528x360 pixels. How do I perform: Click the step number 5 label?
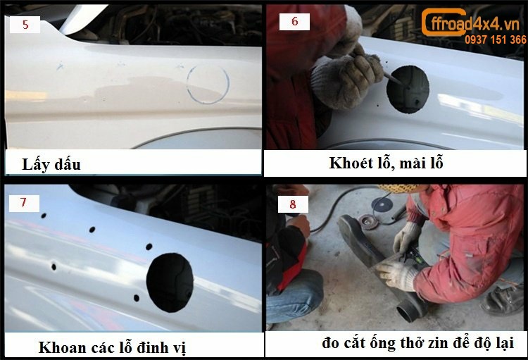pos(25,24)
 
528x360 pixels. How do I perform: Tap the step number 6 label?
pos(295,21)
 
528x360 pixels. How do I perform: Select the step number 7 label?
pos(23,203)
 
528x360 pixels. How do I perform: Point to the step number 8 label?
pos(293,204)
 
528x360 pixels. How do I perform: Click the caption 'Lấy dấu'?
pos(51,165)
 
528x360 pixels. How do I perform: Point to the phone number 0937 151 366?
pos(496,39)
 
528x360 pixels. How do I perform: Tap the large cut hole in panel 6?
pos(408,89)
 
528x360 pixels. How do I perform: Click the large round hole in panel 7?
pos(170,283)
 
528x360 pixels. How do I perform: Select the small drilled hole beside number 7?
pos(44,216)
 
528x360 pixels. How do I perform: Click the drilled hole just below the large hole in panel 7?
pos(137,298)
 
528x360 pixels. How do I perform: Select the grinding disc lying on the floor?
pos(382,204)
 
